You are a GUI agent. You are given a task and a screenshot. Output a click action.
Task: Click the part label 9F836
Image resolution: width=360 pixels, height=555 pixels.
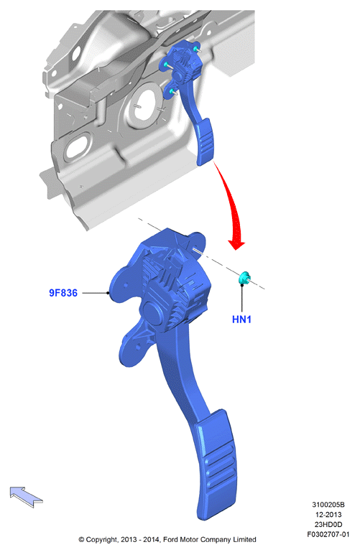tap(63, 293)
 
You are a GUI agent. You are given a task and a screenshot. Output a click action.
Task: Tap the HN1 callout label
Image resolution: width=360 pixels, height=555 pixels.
tap(241, 320)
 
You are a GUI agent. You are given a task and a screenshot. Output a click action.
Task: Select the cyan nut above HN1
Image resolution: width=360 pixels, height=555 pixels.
tap(244, 278)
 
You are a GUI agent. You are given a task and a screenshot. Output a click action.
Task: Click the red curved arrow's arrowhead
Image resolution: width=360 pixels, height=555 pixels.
tap(236, 245)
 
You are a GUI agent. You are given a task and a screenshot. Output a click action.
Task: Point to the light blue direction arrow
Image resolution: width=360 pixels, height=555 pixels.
tap(26, 496)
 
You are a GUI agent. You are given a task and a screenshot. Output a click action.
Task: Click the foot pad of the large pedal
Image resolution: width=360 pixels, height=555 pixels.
tap(216, 465)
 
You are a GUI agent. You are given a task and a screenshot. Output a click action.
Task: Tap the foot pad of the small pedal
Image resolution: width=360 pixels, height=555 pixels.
tap(205, 141)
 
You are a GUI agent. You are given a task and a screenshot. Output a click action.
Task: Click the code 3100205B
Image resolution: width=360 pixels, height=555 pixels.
tap(328, 505)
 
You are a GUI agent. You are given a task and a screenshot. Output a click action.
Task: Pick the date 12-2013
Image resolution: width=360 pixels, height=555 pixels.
tap(328, 515)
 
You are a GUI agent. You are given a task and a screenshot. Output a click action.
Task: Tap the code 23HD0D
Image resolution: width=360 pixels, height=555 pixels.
tap(328, 525)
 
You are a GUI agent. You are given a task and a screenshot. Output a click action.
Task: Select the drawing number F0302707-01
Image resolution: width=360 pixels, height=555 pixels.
tap(328, 534)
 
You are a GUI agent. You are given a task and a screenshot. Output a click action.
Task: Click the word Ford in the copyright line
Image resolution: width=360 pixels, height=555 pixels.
tap(170, 540)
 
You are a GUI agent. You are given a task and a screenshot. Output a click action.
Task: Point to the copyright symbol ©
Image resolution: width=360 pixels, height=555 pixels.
tap(81, 540)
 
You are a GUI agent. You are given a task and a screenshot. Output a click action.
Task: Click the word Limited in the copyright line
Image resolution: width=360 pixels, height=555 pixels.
tap(244, 540)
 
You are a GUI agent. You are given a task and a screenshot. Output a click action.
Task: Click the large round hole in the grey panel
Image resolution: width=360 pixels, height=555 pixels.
tap(144, 106)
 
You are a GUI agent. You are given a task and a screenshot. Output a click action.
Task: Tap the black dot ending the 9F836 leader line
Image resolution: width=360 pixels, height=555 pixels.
tap(108, 293)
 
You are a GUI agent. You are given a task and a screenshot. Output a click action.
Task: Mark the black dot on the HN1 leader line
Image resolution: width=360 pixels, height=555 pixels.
tap(242, 285)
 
